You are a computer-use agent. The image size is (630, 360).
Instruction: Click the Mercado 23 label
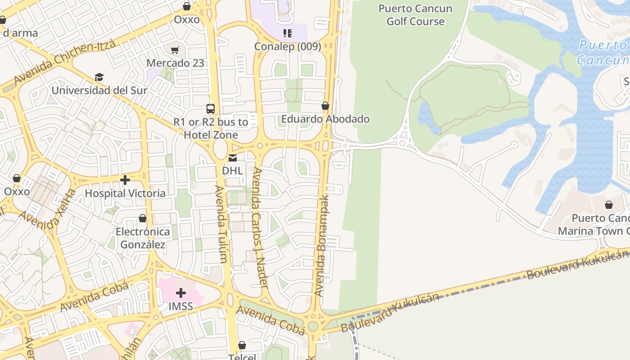pyautogui.click(x=175, y=63)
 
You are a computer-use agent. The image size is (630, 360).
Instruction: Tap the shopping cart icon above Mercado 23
pyautogui.click(x=175, y=50)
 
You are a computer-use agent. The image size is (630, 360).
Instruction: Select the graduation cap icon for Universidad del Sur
pyautogui.click(x=99, y=77)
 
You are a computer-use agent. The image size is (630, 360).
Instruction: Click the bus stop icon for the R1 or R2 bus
pyautogui.click(x=211, y=108)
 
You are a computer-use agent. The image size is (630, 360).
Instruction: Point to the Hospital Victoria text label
pyautogui.click(x=125, y=193)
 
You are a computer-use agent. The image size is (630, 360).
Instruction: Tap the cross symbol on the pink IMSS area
pyautogui.click(x=181, y=293)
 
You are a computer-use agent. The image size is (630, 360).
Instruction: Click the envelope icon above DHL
pyautogui.click(x=232, y=158)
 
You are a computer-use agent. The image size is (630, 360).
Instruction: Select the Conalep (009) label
pyautogui.click(x=288, y=46)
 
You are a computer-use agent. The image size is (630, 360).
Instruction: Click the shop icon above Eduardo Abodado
pyautogui.click(x=325, y=106)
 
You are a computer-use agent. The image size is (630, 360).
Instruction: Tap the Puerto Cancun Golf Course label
pyautogui.click(x=415, y=15)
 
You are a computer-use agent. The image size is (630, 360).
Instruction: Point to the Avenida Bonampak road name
pyautogui.click(x=322, y=245)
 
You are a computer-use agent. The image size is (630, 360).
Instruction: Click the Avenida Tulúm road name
pyautogui.click(x=220, y=224)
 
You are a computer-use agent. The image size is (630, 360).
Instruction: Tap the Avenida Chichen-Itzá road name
pyautogui.click(x=65, y=63)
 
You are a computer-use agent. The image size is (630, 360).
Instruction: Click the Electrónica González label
pyautogui.click(x=143, y=238)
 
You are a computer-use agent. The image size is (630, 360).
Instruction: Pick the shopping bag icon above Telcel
pyautogui.click(x=242, y=345)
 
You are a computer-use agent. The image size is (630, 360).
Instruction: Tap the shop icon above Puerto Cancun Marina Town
pyautogui.click(x=608, y=205)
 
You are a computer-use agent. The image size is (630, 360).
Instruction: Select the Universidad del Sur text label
pyautogui.click(x=99, y=90)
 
